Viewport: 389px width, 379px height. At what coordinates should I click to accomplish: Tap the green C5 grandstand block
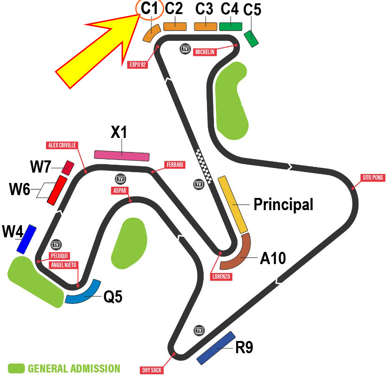(x=251, y=38)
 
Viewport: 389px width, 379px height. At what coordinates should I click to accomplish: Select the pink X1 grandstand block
(x=122, y=156)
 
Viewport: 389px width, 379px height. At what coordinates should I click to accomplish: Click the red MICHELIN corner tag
(x=205, y=52)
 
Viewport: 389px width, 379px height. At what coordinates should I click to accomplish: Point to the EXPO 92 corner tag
(x=137, y=64)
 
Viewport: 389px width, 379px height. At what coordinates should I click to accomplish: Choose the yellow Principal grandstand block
(x=233, y=205)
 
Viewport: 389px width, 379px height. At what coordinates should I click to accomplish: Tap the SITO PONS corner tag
(x=373, y=178)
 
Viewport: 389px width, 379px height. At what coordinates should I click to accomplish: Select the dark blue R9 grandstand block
(x=216, y=348)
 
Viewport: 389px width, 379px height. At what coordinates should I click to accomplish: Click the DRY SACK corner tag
(x=152, y=370)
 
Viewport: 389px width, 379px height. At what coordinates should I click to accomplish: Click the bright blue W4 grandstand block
(x=26, y=239)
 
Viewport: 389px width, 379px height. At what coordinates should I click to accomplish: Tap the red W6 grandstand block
(x=57, y=190)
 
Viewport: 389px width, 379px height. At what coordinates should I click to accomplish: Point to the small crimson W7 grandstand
(x=68, y=168)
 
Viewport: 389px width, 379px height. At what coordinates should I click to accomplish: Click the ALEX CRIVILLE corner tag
(x=62, y=145)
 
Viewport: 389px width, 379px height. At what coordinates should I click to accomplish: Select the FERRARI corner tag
(x=175, y=165)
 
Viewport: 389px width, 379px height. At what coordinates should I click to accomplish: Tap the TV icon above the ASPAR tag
(x=121, y=179)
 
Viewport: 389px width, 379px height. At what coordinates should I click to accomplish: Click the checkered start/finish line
(x=204, y=167)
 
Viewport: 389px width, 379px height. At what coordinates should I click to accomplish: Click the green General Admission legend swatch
(x=16, y=368)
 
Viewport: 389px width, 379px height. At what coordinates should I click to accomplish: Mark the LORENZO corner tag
(x=221, y=277)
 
